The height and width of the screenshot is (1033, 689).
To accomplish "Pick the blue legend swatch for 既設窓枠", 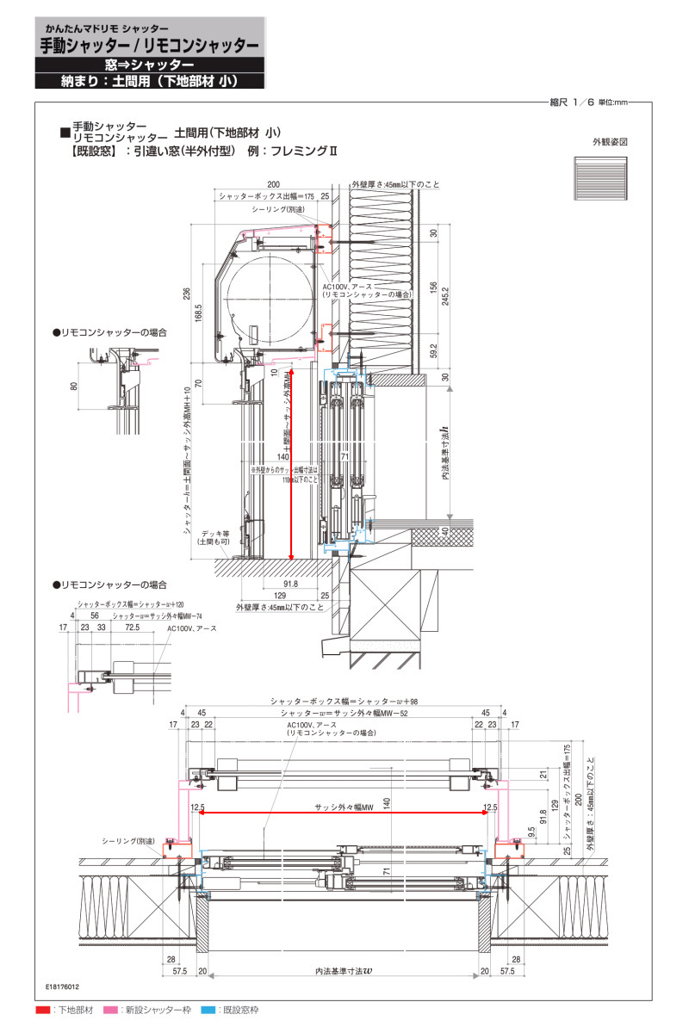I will click(208, 1009).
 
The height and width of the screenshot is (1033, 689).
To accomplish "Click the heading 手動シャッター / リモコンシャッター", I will click(149, 46).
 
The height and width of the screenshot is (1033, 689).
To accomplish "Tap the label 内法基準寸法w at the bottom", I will click(344, 971).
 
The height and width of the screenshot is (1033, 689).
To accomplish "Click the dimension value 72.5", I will click(132, 628).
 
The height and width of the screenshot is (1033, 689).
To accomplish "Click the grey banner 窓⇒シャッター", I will click(149, 65).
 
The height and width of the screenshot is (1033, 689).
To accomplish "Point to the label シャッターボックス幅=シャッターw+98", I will click(344, 702).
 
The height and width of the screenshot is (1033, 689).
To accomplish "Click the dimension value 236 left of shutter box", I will click(187, 294).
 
